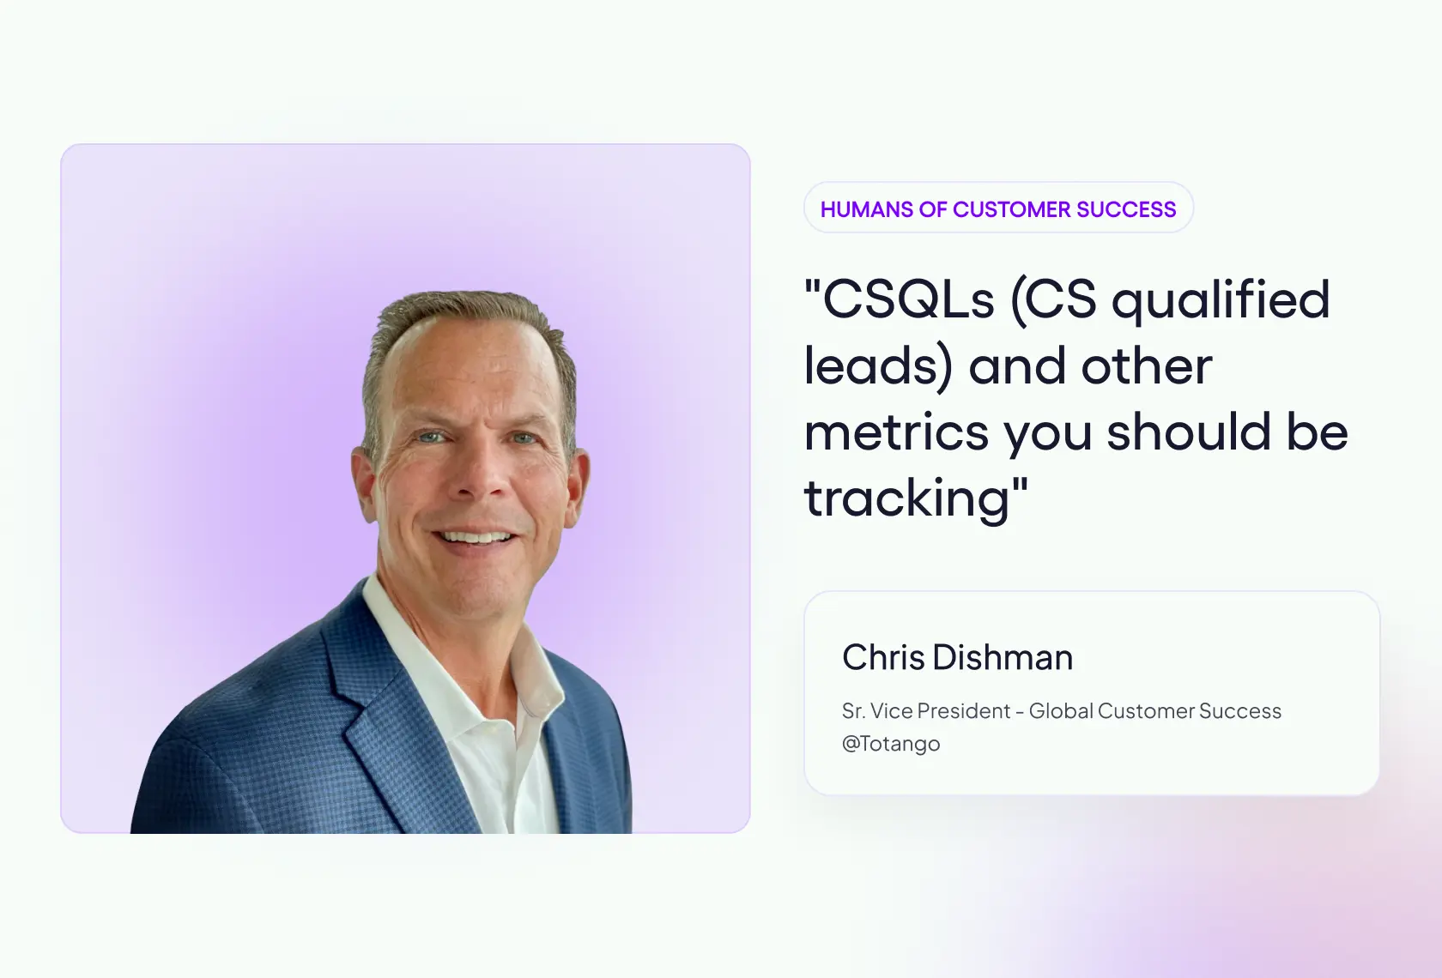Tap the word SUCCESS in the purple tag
coord(1126,209)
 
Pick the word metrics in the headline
coord(896,432)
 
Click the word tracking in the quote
coord(907,499)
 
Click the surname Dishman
coord(1003,658)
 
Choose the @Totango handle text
coord(891,744)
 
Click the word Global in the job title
coord(1061,711)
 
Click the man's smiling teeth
coord(477,538)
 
